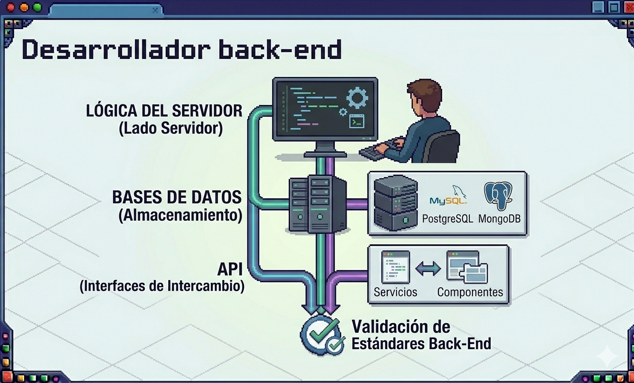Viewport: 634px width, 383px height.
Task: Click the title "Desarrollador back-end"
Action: coord(182,50)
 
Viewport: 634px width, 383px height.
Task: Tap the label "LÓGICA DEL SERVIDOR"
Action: coord(164,111)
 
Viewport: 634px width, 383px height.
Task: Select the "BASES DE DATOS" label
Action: coord(177,197)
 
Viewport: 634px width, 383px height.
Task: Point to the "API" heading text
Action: coord(231,269)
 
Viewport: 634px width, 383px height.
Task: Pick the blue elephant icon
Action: coord(498,195)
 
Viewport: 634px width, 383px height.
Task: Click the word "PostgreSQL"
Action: coord(448,219)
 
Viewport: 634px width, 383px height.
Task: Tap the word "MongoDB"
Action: coord(499,219)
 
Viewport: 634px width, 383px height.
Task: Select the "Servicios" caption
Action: coord(395,292)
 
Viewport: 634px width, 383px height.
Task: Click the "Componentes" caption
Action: coord(470,292)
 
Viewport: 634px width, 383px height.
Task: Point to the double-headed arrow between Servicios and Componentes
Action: coord(428,268)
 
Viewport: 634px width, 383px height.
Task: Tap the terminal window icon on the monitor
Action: coord(357,121)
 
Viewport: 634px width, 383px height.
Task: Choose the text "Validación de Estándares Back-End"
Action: coord(421,335)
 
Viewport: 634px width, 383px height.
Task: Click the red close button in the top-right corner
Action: coord(628,7)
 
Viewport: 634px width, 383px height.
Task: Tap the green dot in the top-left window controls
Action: coord(37,7)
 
